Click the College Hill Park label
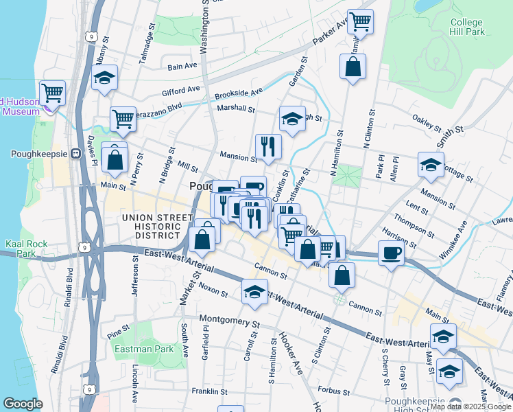coord(467,27)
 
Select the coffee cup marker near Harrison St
coord(391,253)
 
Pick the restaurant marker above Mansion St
coord(267,145)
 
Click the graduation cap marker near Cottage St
coord(431,165)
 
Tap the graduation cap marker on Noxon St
coord(254,292)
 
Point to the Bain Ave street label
coord(183,67)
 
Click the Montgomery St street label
coord(230,320)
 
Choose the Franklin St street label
coord(210,391)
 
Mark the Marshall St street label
coord(236,108)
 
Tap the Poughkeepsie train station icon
coord(75,154)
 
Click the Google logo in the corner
coord(23,404)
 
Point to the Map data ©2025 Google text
coord(470,407)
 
